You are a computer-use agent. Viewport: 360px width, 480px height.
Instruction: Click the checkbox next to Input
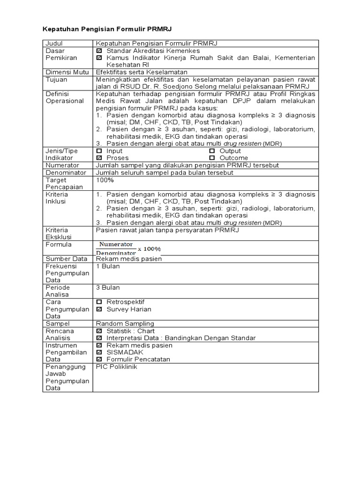pos(99,151)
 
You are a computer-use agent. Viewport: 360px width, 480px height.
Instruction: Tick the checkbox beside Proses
pos(99,158)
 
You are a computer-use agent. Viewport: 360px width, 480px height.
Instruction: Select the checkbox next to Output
pos(212,151)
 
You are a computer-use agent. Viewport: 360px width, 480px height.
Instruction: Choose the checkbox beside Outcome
pos(212,158)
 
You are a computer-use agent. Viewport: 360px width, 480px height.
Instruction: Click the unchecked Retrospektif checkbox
pos(99,302)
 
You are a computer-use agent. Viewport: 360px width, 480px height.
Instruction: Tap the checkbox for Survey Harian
pos(99,309)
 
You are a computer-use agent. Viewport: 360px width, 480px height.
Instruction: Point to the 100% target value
pos(105,180)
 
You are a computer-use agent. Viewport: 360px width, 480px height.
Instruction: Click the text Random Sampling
pos(125,323)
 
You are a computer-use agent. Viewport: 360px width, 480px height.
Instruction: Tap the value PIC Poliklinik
pos(117,367)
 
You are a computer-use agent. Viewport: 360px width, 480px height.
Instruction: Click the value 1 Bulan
pos(108,266)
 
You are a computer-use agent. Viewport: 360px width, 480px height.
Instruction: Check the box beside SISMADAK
pos(99,352)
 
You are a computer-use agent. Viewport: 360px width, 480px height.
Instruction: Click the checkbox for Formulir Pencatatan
pos(99,360)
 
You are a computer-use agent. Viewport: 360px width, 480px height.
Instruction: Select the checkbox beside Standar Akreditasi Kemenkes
pos(99,51)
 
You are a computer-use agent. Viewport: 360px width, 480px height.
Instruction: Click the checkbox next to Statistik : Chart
pos(99,331)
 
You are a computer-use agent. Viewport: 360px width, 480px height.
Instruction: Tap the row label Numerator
pos(62,165)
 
